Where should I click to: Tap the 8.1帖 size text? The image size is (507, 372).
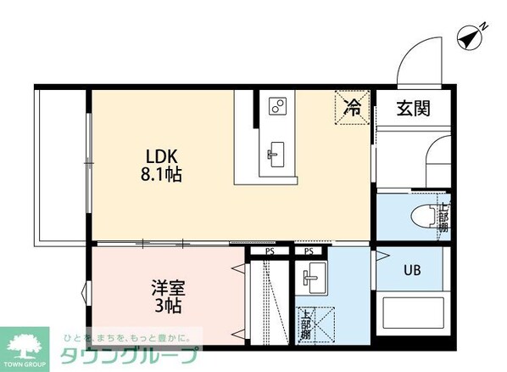(161, 175)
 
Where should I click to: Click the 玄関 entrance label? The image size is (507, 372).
(414, 108)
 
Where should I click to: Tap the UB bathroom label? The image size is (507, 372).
(411, 271)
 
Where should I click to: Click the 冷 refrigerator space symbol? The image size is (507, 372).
(354, 108)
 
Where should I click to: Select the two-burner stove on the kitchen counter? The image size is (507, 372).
(277, 106)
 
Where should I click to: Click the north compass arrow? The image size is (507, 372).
(470, 37)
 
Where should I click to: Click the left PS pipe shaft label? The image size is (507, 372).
(269, 252)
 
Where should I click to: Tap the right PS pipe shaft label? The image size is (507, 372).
(308, 252)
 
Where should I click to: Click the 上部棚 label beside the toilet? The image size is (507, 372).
(443, 217)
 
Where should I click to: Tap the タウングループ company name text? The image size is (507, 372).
(130, 355)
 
